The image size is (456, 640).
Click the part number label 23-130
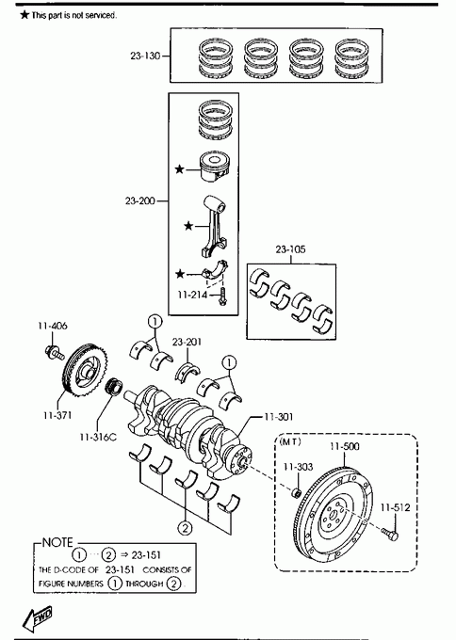pos(145,56)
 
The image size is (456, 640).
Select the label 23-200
pos(140,200)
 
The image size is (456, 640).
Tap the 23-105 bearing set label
pos(290,249)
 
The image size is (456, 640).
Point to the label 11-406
pos(53,326)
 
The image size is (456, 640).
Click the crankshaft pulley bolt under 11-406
pos(55,353)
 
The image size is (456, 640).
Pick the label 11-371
pos(57,415)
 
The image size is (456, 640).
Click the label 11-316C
pos(98,437)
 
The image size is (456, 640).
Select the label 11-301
pos(279,417)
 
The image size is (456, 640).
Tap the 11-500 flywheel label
pos(345,446)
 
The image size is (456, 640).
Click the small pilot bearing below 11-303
pos(297,492)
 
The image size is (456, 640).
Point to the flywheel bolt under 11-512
pos(390,533)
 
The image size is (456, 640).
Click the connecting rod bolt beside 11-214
pos(222,296)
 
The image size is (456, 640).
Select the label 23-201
pos(187,342)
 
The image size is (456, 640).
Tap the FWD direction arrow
pos(38,618)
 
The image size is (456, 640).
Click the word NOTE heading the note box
pos(57,542)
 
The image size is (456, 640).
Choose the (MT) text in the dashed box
pos(290,441)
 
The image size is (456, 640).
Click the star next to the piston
pos(179,168)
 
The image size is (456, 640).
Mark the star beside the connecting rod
pos(187,226)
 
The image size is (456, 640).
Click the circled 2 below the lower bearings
pos(185,528)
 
